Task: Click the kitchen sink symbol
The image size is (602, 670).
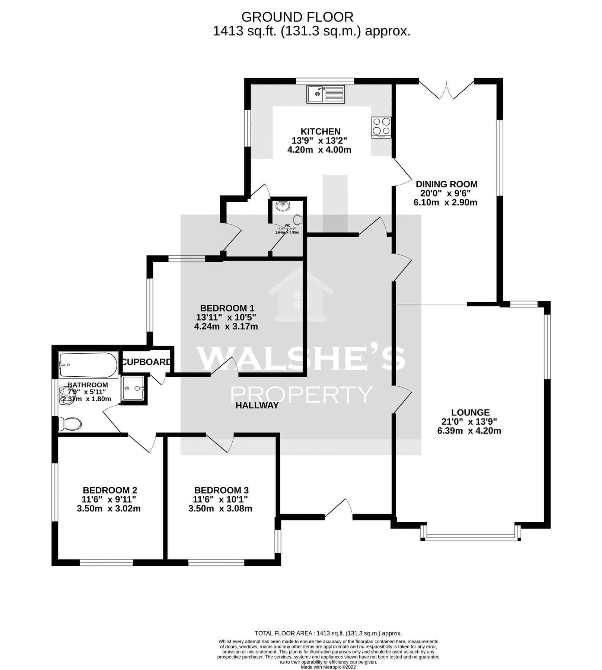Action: pyautogui.click(x=326, y=94)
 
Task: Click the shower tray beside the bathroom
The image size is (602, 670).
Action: pyautogui.click(x=133, y=388)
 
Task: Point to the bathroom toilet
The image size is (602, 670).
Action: pyautogui.click(x=70, y=424)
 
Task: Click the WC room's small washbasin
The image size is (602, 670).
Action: pyautogui.click(x=283, y=205)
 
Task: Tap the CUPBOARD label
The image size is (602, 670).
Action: pyautogui.click(x=147, y=362)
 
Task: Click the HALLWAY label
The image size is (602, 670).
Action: pyautogui.click(x=257, y=406)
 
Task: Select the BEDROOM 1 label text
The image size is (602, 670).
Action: pyautogui.click(x=227, y=308)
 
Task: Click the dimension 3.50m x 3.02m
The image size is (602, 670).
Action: pyautogui.click(x=109, y=508)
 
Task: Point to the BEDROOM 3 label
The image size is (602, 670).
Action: pyautogui.click(x=221, y=490)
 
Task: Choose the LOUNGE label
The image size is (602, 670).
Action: pyautogui.click(x=470, y=412)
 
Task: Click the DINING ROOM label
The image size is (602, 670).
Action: pyautogui.click(x=446, y=184)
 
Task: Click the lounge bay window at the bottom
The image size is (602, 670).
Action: pyautogui.click(x=471, y=537)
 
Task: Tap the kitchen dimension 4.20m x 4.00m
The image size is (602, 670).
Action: pyautogui.click(x=320, y=150)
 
